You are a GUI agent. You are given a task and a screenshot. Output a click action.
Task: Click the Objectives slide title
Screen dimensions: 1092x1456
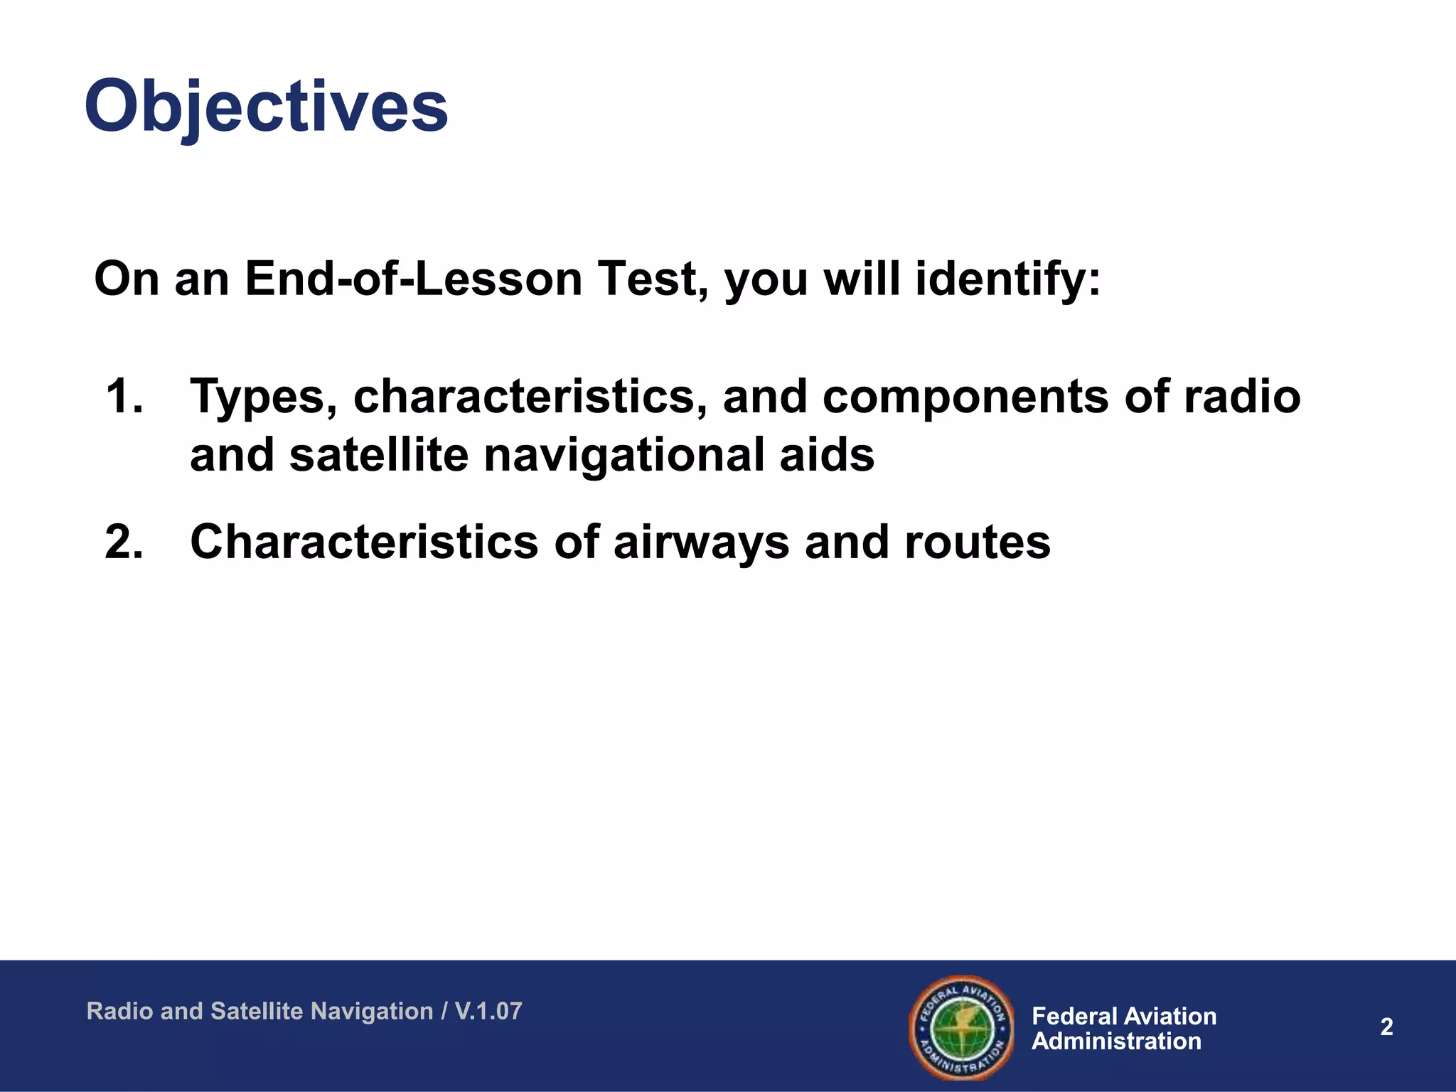[x=266, y=107]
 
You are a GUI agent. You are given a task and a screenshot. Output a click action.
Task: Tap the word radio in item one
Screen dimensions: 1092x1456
[x=1241, y=396]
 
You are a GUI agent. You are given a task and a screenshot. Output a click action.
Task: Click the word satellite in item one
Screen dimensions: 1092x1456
[x=379, y=455]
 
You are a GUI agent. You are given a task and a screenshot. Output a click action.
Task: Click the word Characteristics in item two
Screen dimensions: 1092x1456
[x=365, y=542]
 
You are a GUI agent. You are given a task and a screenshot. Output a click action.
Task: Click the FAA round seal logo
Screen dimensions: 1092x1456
[x=961, y=1027]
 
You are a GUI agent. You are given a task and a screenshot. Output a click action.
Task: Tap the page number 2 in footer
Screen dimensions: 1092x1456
[x=1386, y=1027]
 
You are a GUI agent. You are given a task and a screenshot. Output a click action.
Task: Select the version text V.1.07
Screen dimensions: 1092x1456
[x=488, y=1011]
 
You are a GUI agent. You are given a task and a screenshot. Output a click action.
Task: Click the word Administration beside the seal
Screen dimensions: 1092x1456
[x=1116, y=1042]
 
